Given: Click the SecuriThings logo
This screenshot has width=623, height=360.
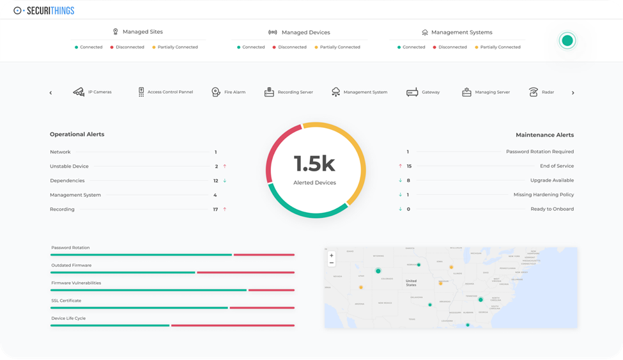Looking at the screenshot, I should pyautogui.click(x=43, y=10).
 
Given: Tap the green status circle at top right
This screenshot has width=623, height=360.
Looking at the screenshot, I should pyautogui.click(x=567, y=41).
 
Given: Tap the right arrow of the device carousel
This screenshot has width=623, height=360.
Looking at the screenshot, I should pyautogui.click(x=573, y=93).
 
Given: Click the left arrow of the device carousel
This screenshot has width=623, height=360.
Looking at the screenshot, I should pyautogui.click(x=50, y=93).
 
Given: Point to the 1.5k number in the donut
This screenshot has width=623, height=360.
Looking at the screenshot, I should pyautogui.click(x=314, y=164).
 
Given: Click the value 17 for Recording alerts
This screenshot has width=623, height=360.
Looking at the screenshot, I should pyautogui.click(x=216, y=209).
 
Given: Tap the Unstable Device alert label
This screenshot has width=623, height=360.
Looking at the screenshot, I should pyautogui.click(x=69, y=166).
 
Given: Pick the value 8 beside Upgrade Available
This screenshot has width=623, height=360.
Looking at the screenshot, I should pyautogui.click(x=408, y=180).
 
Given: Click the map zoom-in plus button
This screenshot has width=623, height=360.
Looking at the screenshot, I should pyautogui.click(x=331, y=255).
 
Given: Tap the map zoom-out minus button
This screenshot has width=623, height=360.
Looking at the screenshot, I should pyautogui.click(x=331, y=263).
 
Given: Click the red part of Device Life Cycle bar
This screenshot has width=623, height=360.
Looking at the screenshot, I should pyautogui.click(x=233, y=325).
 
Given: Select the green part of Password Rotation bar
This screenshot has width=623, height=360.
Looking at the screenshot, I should pyautogui.click(x=141, y=254).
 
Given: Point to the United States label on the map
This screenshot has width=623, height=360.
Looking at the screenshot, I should pyautogui.click(x=411, y=283).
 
